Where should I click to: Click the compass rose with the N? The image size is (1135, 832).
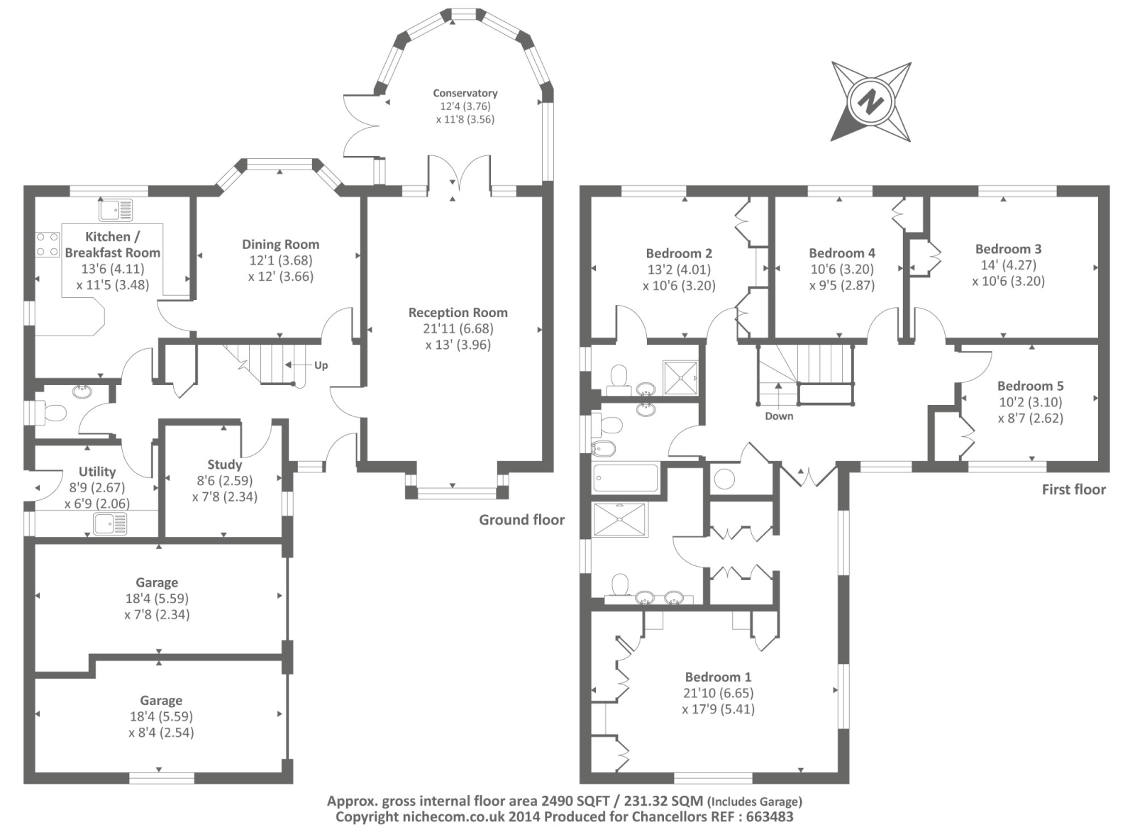[871, 101]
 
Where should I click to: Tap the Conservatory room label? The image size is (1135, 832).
[465, 93]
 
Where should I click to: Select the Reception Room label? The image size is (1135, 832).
[458, 312]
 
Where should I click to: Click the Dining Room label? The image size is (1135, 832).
[280, 244]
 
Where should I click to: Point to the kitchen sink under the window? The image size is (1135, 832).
[116, 210]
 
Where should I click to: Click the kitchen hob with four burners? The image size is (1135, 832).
[48, 244]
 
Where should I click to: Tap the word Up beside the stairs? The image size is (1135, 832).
[321, 365]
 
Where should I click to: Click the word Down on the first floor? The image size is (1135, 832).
[779, 416]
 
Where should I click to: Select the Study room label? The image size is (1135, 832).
[224, 465]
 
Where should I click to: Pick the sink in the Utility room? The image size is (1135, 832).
[111, 524]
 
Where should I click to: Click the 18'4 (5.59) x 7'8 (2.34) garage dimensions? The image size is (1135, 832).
[157, 606]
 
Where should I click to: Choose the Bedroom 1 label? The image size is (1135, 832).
[718, 677]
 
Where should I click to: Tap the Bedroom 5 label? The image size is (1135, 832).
[1030, 386]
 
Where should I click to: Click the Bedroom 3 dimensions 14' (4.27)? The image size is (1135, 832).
[1008, 265]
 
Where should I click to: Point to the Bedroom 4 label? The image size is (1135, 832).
[842, 253]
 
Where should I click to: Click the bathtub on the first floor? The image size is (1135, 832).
[626, 477]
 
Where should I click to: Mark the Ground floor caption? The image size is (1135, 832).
[521, 520]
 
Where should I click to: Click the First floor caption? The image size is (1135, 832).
[1073, 489]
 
